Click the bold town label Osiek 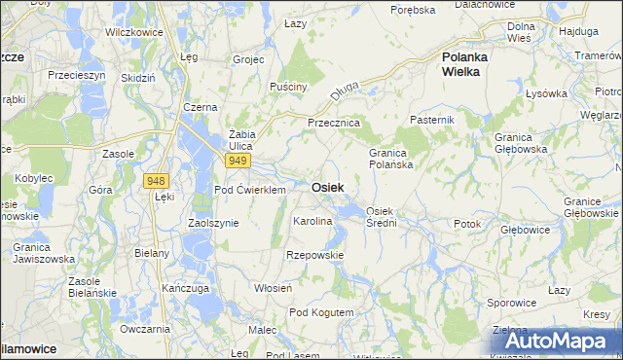(x=327, y=187)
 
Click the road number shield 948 (x=155, y=181)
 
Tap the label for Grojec (x=249, y=59)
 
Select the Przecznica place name (x=334, y=124)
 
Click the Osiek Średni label (x=381, y=217)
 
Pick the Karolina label (x=312, y=222)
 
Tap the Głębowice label (x=525, y=231)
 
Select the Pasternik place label (x=432, y=119)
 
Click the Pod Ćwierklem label (x=249, y=190)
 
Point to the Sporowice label (x=511, y=303)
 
